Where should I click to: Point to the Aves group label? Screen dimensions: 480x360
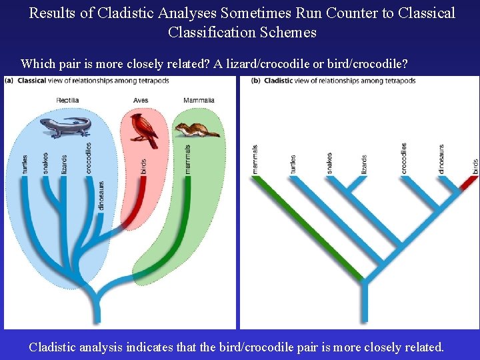pos(140,101)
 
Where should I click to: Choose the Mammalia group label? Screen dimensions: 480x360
pos(198,101)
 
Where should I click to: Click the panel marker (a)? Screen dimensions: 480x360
pos(10,81)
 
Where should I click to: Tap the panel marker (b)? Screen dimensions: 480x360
pos(256,81)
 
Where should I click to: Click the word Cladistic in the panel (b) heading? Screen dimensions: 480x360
pos(279,81)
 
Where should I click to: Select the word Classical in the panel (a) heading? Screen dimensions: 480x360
pos(32,81)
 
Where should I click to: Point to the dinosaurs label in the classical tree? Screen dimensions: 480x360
pos(101,195)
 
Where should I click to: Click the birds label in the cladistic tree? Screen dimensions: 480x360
pos(475,166)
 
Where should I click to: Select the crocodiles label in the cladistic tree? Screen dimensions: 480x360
pos(404,159)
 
